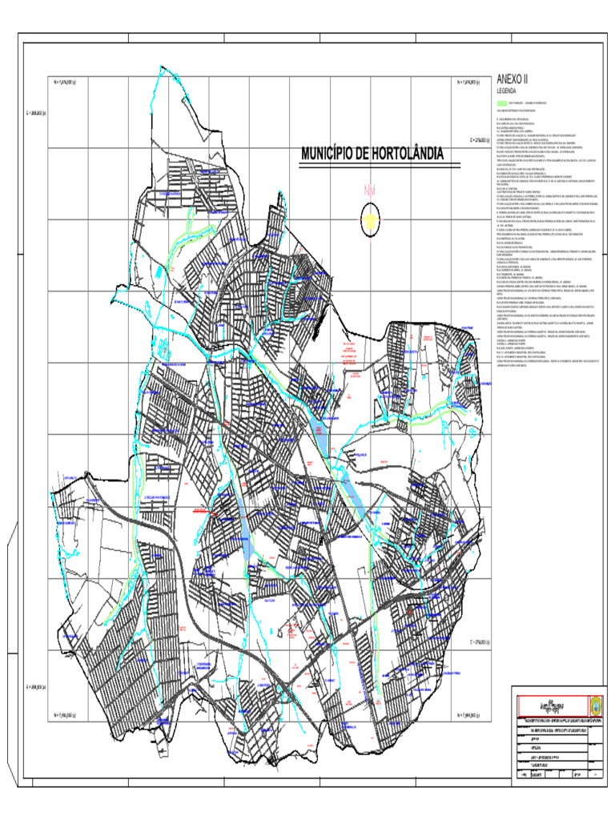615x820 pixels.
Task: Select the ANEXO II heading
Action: [513, 79]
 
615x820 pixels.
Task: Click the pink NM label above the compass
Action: [369, 191]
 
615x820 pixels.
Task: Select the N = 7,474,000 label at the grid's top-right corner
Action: [468, 82]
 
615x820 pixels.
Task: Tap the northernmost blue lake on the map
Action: [320, 433]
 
